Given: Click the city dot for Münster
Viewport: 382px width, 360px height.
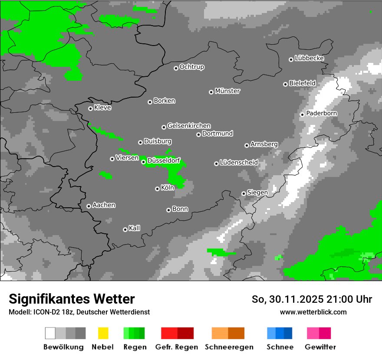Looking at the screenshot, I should pyautogui.click(x=211, y=92).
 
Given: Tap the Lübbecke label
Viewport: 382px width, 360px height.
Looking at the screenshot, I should pyautogui.click(x=309, y=58).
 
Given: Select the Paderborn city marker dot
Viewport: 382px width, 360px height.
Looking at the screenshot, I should pyautogui.click(x=302, y=115).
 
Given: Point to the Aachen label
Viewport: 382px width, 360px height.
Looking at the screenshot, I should pyautogui.click(x=104, y=205).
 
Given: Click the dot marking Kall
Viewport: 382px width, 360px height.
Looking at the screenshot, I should pyautogui.click(x=125, y=229).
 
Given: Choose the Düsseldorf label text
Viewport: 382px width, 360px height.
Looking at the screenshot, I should pyautogui.click(x=164, y=161).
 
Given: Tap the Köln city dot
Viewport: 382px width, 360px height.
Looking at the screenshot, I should pyautogui.click(x=157, y=189).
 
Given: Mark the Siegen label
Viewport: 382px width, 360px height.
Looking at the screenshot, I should pyautogui.click(x=257, y=193).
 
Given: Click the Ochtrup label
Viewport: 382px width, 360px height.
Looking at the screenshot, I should pyautogui.click(x=192, y=67).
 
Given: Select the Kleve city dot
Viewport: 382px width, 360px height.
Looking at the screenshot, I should pyautogui.click(x=90, y=108).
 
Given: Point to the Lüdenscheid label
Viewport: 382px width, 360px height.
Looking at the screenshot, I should pyautogui.click(x=239, y=163).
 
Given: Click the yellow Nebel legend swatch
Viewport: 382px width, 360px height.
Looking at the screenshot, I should pyautogui.click(x=103, y=333).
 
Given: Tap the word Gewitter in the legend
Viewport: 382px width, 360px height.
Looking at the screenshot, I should pyautogui.click(x=320, y=347).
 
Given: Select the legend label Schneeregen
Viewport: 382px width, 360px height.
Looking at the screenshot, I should pyautogui.click(x=229, y=347).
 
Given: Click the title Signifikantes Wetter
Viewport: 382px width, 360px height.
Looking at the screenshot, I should pyautogui.click(x=72, y=299).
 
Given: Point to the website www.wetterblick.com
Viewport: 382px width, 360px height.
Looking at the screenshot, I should pyautogui.click(x=313, y=312).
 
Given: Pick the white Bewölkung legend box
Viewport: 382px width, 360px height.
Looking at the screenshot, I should pyautogui.click(x=50, y=333).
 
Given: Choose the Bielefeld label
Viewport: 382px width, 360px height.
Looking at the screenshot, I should pyautogui.click(x=302, y=83).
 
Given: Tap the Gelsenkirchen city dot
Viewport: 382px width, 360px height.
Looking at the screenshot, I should pyautogui.click(x=164, y=127).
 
